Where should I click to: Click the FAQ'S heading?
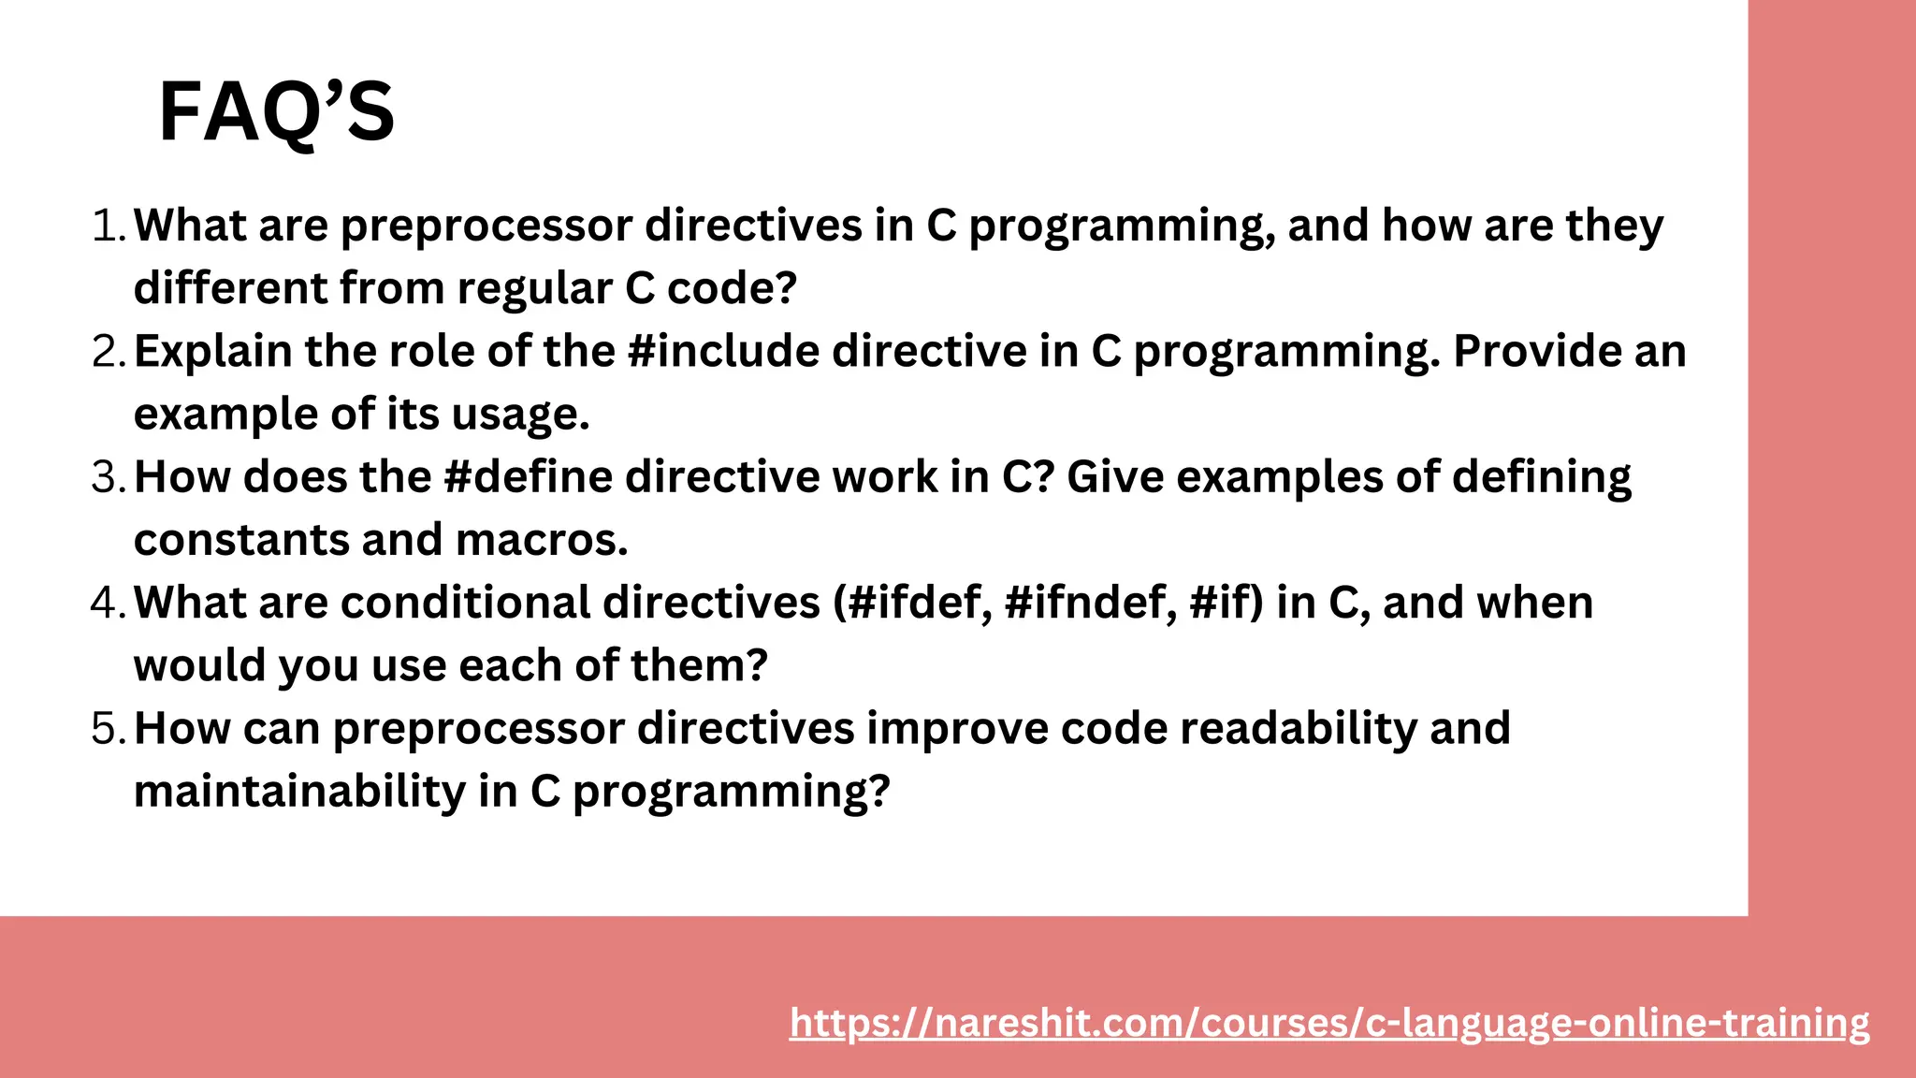(x=277, y=112)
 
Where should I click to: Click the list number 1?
(x=108, y=226)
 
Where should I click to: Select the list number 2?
(x=108, y=352)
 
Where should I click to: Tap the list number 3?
(x=108, y=477)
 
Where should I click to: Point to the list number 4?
(x=108, y=603)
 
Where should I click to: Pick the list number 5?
(x=108, y=728)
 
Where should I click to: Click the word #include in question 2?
(x=723, y=352)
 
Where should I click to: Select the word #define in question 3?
(x=528, y=477)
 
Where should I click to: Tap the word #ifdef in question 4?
(x=912, y=603)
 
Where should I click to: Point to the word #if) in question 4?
(x=1226, y=603)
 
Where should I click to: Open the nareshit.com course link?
(x=1328, y=1023)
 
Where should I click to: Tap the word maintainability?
(x=299, y=792)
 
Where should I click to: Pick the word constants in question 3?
(x=241, y=541)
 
